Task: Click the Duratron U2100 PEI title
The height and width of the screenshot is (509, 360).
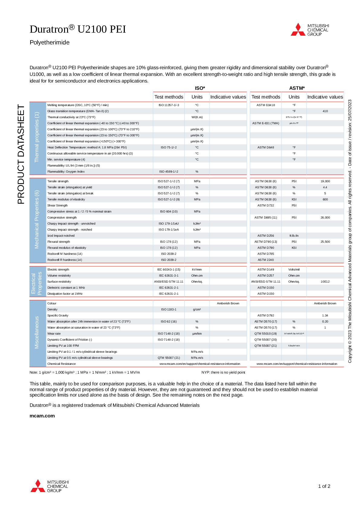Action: [78, 29]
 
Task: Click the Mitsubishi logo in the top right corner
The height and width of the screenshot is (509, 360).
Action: [310, 30]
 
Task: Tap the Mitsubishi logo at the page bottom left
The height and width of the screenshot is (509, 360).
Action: [50, 486]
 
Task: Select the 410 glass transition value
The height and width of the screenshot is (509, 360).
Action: [325, 111]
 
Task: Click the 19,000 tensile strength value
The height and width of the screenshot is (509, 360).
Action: [325, 181]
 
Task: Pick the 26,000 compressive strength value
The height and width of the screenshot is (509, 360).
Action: [325, 218]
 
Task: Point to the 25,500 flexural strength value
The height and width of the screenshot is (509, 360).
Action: [325, 242]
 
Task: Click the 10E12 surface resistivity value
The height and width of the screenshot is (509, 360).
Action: [325, 282]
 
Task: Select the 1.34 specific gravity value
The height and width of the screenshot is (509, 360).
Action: [325, 316]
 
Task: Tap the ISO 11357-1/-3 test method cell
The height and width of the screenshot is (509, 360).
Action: [169, 105]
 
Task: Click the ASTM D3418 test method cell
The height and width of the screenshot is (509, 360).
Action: [266, 105]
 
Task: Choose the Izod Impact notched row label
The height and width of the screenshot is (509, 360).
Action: [61, 236]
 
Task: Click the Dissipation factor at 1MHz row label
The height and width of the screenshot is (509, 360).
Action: [65, 294]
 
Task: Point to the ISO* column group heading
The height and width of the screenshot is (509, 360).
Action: [200, 88]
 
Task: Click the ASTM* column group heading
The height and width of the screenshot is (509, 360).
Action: [297, 88]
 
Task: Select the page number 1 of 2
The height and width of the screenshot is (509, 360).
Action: [324, 486]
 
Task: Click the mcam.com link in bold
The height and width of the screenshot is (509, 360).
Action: [42, 416]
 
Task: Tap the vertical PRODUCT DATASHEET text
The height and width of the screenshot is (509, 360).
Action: [21, 154]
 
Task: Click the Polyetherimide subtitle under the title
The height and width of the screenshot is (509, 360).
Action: [50, 43]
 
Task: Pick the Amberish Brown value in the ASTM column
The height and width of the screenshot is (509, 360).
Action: [325, 303]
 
